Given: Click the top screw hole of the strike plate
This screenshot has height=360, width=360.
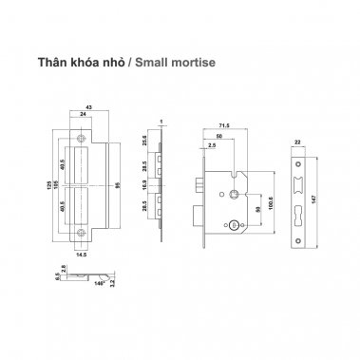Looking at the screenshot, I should click(78, 140).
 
